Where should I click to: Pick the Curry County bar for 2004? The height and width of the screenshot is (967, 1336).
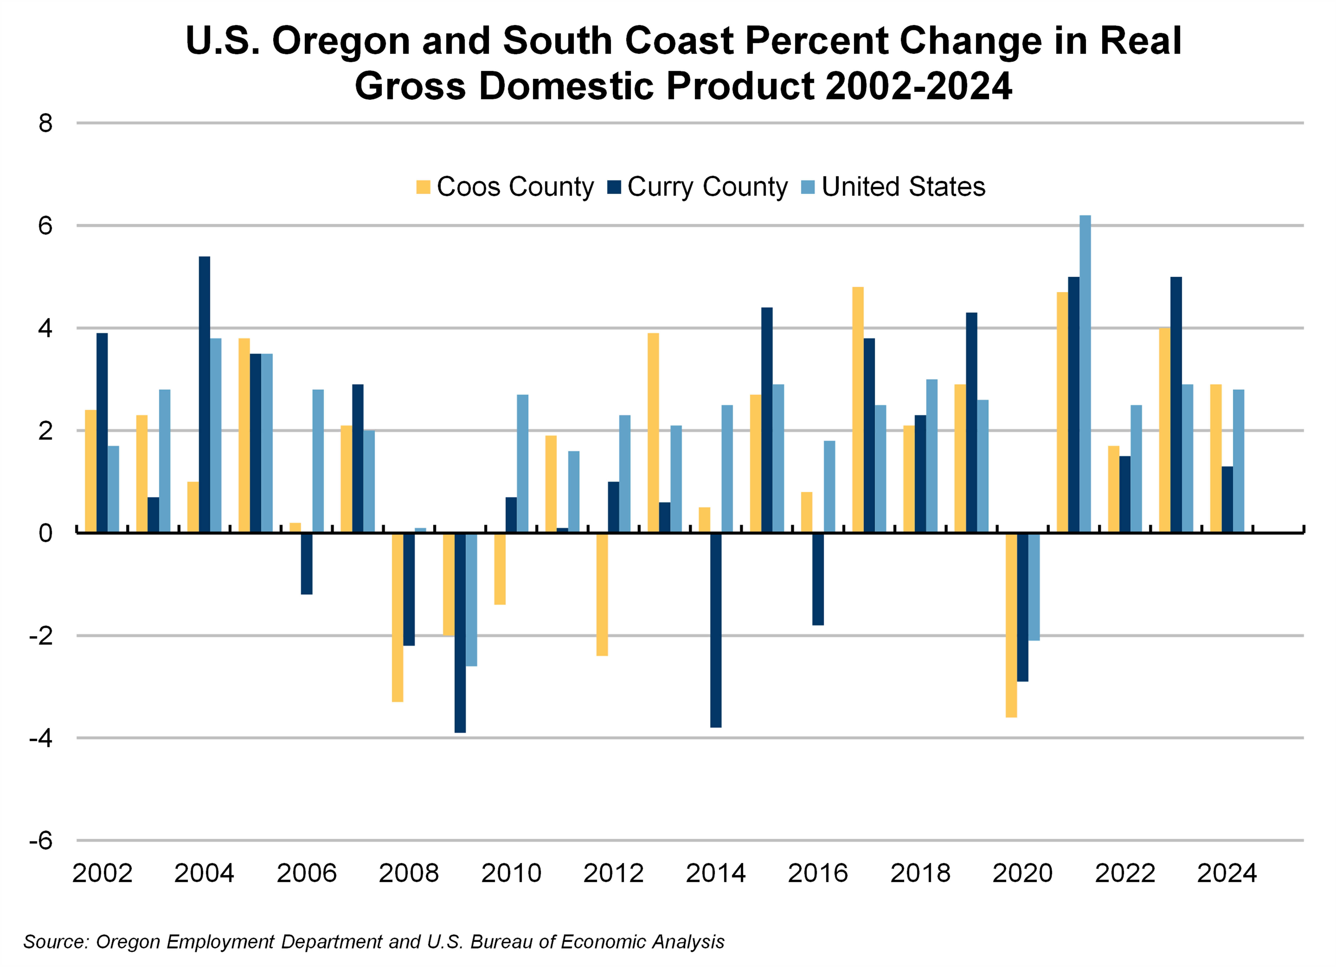click(204, 394)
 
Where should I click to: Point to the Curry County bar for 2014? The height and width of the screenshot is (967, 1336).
click(716, 630)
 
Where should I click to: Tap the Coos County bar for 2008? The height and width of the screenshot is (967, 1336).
click(398, 617)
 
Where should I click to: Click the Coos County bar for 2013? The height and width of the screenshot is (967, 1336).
click(653, 433)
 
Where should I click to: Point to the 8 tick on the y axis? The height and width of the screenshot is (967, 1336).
click(45, 124)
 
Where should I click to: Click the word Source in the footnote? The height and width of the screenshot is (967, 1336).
click(55, 942)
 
